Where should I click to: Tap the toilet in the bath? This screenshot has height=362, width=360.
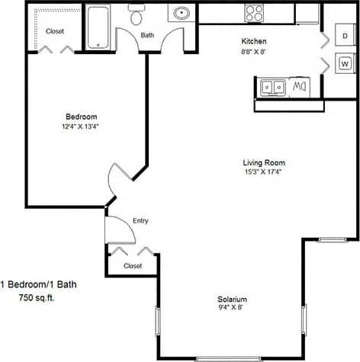tap(137, 16)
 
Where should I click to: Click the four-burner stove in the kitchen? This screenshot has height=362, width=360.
tap(254, 13)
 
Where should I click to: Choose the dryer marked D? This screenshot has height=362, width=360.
tap(345, 36)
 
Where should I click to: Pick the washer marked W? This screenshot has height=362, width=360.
tap(345, 63)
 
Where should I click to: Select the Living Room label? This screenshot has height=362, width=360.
tap(264, 162)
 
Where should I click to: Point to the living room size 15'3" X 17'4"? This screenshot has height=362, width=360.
tap(264, 172)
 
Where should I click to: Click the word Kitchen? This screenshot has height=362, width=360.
tap(254, 41)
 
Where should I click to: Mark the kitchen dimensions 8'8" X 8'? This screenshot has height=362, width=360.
tap(254, 53)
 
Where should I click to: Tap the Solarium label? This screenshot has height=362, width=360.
tap(232, 299)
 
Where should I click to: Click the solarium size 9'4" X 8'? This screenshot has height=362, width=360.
tap(232, 309)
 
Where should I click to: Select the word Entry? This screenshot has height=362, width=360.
tap(140, 221)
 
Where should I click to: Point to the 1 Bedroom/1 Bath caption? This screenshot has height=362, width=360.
tap(38, 284)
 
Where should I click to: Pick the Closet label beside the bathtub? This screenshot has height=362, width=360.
tap(55, 31)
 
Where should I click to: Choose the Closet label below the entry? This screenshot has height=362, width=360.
tap(133, 266)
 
